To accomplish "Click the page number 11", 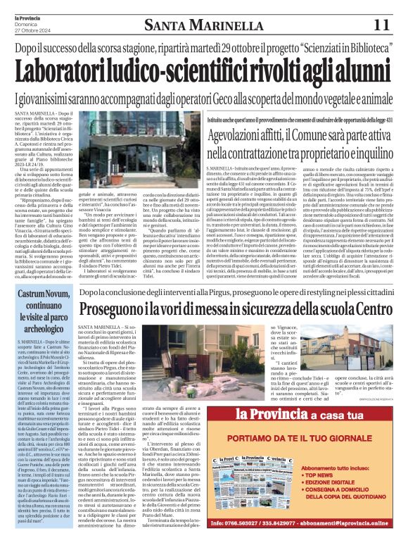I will click(381, 25).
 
